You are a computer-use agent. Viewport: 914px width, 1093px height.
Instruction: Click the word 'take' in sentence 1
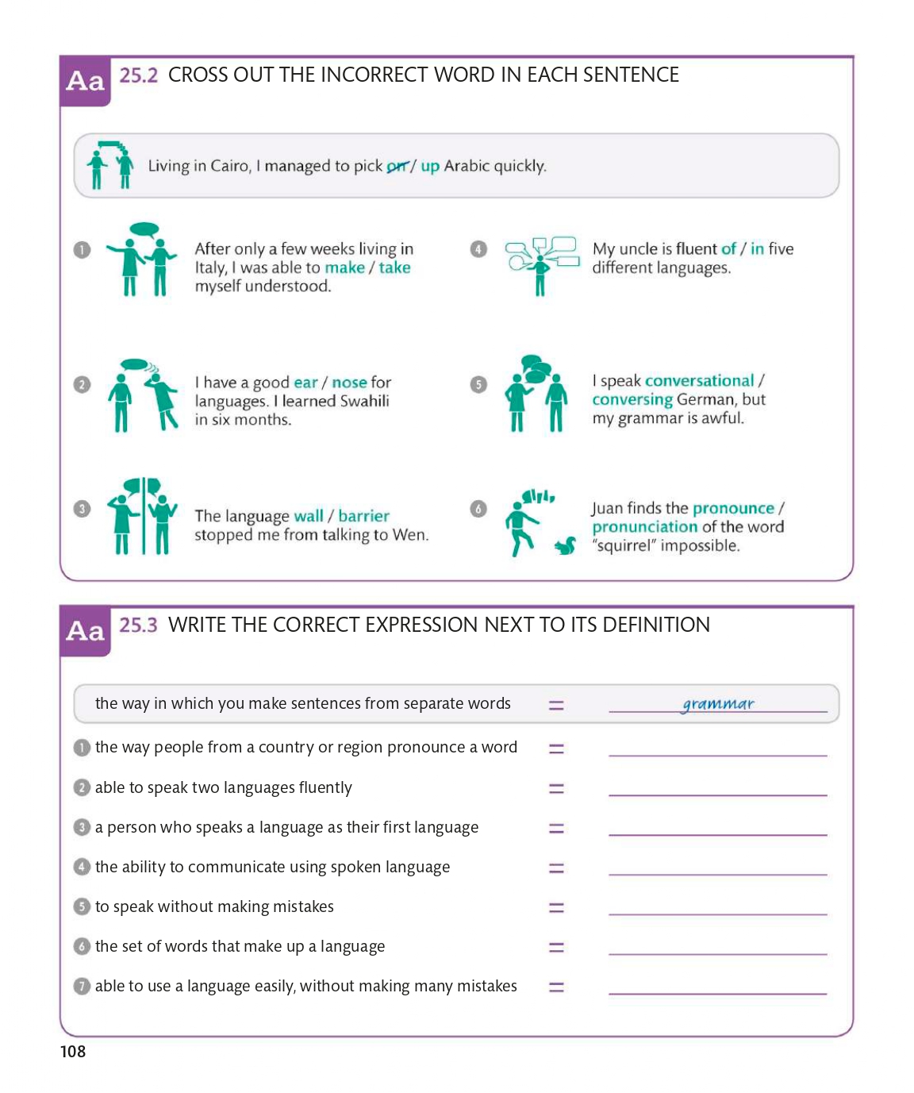pos(394,267)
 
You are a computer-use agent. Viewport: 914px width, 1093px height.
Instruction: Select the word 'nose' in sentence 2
pos(349,383)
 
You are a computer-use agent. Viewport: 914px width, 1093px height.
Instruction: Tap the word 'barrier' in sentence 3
pos(363,516)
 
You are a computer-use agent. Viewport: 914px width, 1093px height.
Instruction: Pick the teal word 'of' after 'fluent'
pos(728,249)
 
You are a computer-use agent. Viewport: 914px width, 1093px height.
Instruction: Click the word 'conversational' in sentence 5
pos(699,381)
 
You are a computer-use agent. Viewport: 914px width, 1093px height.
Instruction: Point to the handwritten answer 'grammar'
pos(718,703)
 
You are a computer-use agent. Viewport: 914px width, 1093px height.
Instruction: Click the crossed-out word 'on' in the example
pos(397,166)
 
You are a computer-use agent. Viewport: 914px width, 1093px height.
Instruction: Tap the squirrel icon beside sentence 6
pos(565,545)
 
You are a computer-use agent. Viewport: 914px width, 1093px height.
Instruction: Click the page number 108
pos(73,1052)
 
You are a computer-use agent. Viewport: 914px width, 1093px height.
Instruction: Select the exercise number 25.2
pos(138,75)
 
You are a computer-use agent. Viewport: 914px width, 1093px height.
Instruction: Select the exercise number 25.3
pos(138,625)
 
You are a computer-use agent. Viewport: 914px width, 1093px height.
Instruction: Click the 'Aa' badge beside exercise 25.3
pos(86,631)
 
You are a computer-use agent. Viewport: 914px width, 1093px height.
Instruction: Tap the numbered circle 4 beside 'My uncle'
pos(478,249)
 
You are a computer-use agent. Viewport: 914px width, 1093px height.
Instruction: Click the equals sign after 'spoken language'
pos(556,868)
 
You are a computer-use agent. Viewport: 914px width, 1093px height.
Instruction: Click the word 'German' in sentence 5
pos(706,400)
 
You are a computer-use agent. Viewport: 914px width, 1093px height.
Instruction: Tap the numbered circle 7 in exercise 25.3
pos(82,986)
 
